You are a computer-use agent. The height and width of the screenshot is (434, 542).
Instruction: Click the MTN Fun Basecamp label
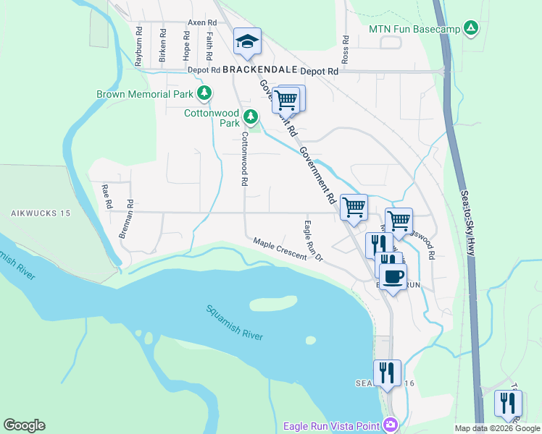414,29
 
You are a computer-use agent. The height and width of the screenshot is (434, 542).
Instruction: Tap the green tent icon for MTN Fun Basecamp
471,28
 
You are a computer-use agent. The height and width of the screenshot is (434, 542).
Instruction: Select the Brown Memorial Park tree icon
205,93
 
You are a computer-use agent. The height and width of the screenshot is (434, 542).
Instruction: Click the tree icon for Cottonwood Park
251,116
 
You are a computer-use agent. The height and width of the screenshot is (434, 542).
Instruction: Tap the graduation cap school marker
247,42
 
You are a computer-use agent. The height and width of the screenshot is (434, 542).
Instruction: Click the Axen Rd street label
202,23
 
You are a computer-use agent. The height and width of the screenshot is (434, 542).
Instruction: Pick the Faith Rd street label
209,46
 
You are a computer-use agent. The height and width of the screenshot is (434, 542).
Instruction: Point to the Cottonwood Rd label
245,159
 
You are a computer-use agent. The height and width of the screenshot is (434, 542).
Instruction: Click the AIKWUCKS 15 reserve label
40,213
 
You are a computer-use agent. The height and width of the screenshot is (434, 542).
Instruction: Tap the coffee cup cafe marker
393,277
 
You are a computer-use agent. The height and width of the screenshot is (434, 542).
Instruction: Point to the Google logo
24,425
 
